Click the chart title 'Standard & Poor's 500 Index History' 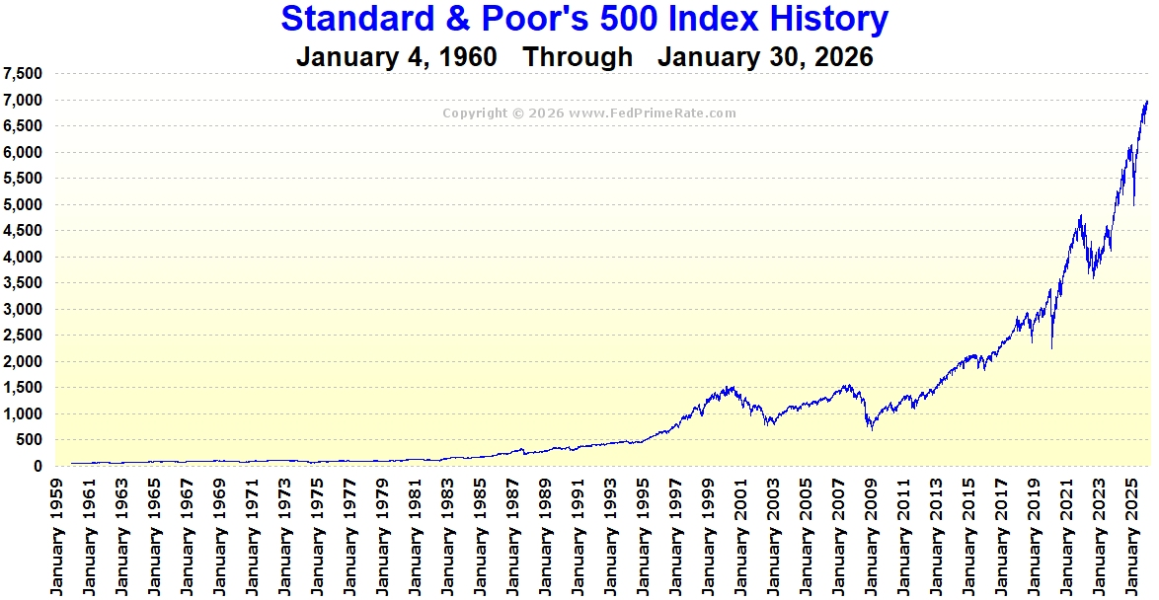pyautogui.click(x=584, y=19)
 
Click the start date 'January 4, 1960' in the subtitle pyautogui.click(x=396, y=57)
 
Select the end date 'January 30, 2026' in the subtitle pyautogui.click(x=765, y=57)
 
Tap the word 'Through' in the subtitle pyautogui.click(x=578, y=57)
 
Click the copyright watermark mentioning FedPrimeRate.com pyautogui.click(x=588, y=113)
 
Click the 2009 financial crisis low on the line pyautogui.click(x=871, y=429)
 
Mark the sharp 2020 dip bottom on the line pyautogui.click(x=1052, y=347)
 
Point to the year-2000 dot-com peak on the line pyautogui.click(x=730, y=386)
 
